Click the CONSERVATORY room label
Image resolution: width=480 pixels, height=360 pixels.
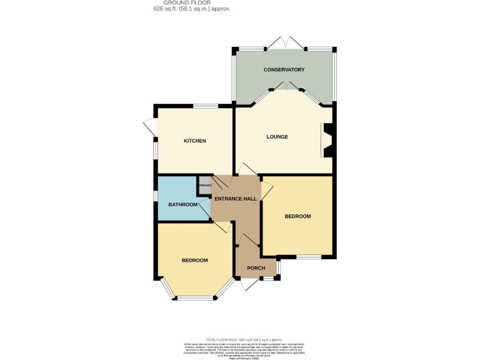283,69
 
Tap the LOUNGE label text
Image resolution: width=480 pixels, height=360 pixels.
277,136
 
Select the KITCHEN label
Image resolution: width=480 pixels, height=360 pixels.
194,141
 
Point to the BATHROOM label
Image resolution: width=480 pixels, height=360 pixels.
183,204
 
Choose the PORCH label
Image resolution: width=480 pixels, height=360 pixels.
256,268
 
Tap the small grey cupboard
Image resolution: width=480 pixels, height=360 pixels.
205,186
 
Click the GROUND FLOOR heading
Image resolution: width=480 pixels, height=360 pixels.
192,3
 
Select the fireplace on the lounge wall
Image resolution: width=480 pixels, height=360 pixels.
327,140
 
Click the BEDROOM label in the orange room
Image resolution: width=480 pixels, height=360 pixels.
297,216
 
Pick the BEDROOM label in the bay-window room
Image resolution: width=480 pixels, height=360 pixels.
195,260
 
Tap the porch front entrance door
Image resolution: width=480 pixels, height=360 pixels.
248,284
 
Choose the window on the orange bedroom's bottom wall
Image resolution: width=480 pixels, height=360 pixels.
309,257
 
